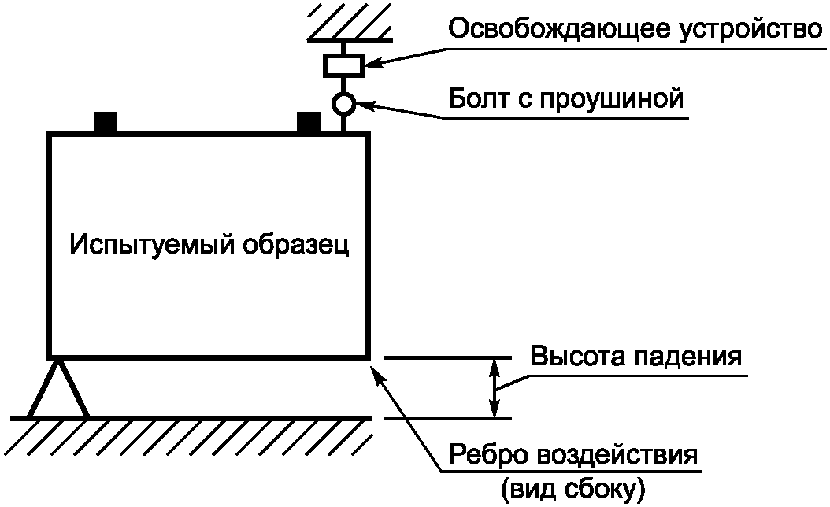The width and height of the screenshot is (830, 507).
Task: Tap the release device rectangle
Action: click(343, 65)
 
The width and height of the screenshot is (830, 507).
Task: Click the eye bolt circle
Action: click(343, 102)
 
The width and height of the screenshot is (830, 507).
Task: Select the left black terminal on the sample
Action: click(105, 123)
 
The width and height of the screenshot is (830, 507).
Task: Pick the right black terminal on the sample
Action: click(308, 123)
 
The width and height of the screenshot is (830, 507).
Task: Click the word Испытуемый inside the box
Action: click(149, 244)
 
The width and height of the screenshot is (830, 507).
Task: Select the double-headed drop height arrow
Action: click(495, 388)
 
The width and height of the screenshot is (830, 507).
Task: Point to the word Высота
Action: click(576, 356)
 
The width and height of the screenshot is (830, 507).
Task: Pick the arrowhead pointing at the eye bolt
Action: click(361, 105)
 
